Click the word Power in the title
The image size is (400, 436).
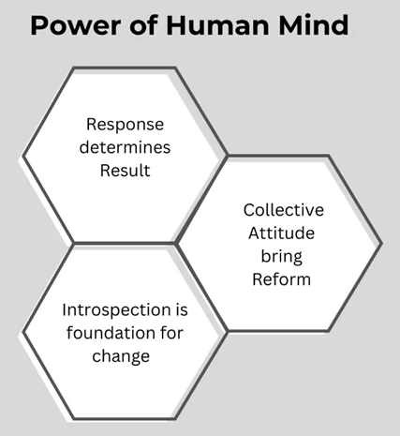tap(76, 25)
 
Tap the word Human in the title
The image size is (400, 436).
tap(217, 25)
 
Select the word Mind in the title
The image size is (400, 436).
tap(314, 24)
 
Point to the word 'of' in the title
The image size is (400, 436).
tap(143, 24)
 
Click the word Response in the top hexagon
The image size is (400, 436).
tap(125, 125)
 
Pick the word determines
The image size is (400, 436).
tap(125, 147)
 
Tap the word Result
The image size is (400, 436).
tap(125, 171)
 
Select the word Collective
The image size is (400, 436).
tap(284, 210)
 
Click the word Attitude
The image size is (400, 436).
tap(281, 233)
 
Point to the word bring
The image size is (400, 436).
tap(282, 257)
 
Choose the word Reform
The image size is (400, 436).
tap(281, 279)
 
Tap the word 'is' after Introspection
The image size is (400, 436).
tap(182, 309)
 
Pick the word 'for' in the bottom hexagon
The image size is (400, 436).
tap(172, 333)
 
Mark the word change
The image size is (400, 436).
tap(121, 356)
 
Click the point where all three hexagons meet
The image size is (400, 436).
tap(175, 243)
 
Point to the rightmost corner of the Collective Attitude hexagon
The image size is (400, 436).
tap(381, 244)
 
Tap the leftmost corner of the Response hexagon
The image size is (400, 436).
tap(22, 156)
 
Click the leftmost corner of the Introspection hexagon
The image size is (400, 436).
tap(22, 332)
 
